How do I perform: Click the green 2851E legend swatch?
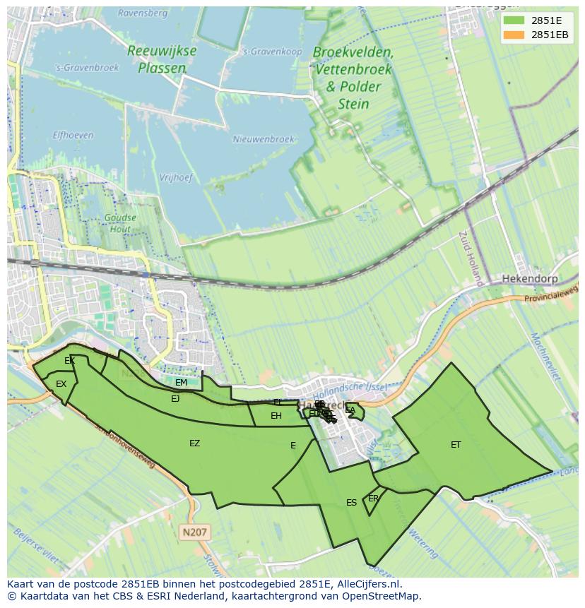tap(514, 20)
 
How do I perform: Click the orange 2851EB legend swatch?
tap(514, 35)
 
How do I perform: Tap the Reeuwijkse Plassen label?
tap(162, 59)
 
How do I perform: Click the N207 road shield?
tap(195, 531)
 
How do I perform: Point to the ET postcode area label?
tap(456, 444)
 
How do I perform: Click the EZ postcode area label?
tap(194, 443)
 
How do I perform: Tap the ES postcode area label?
tap(351, 503)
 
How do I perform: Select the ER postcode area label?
tap(373, 498)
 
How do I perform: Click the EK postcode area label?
tap(69, 361)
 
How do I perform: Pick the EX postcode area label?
tap(61, 384)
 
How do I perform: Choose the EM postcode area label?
tap(181, 383)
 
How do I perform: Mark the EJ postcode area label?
tap(175, 398)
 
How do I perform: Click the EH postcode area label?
tap(276, 416)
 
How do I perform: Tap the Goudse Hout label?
tap(119, 223)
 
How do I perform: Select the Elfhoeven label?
tap(73, 134)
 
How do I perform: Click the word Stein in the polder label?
tap(353, 105)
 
